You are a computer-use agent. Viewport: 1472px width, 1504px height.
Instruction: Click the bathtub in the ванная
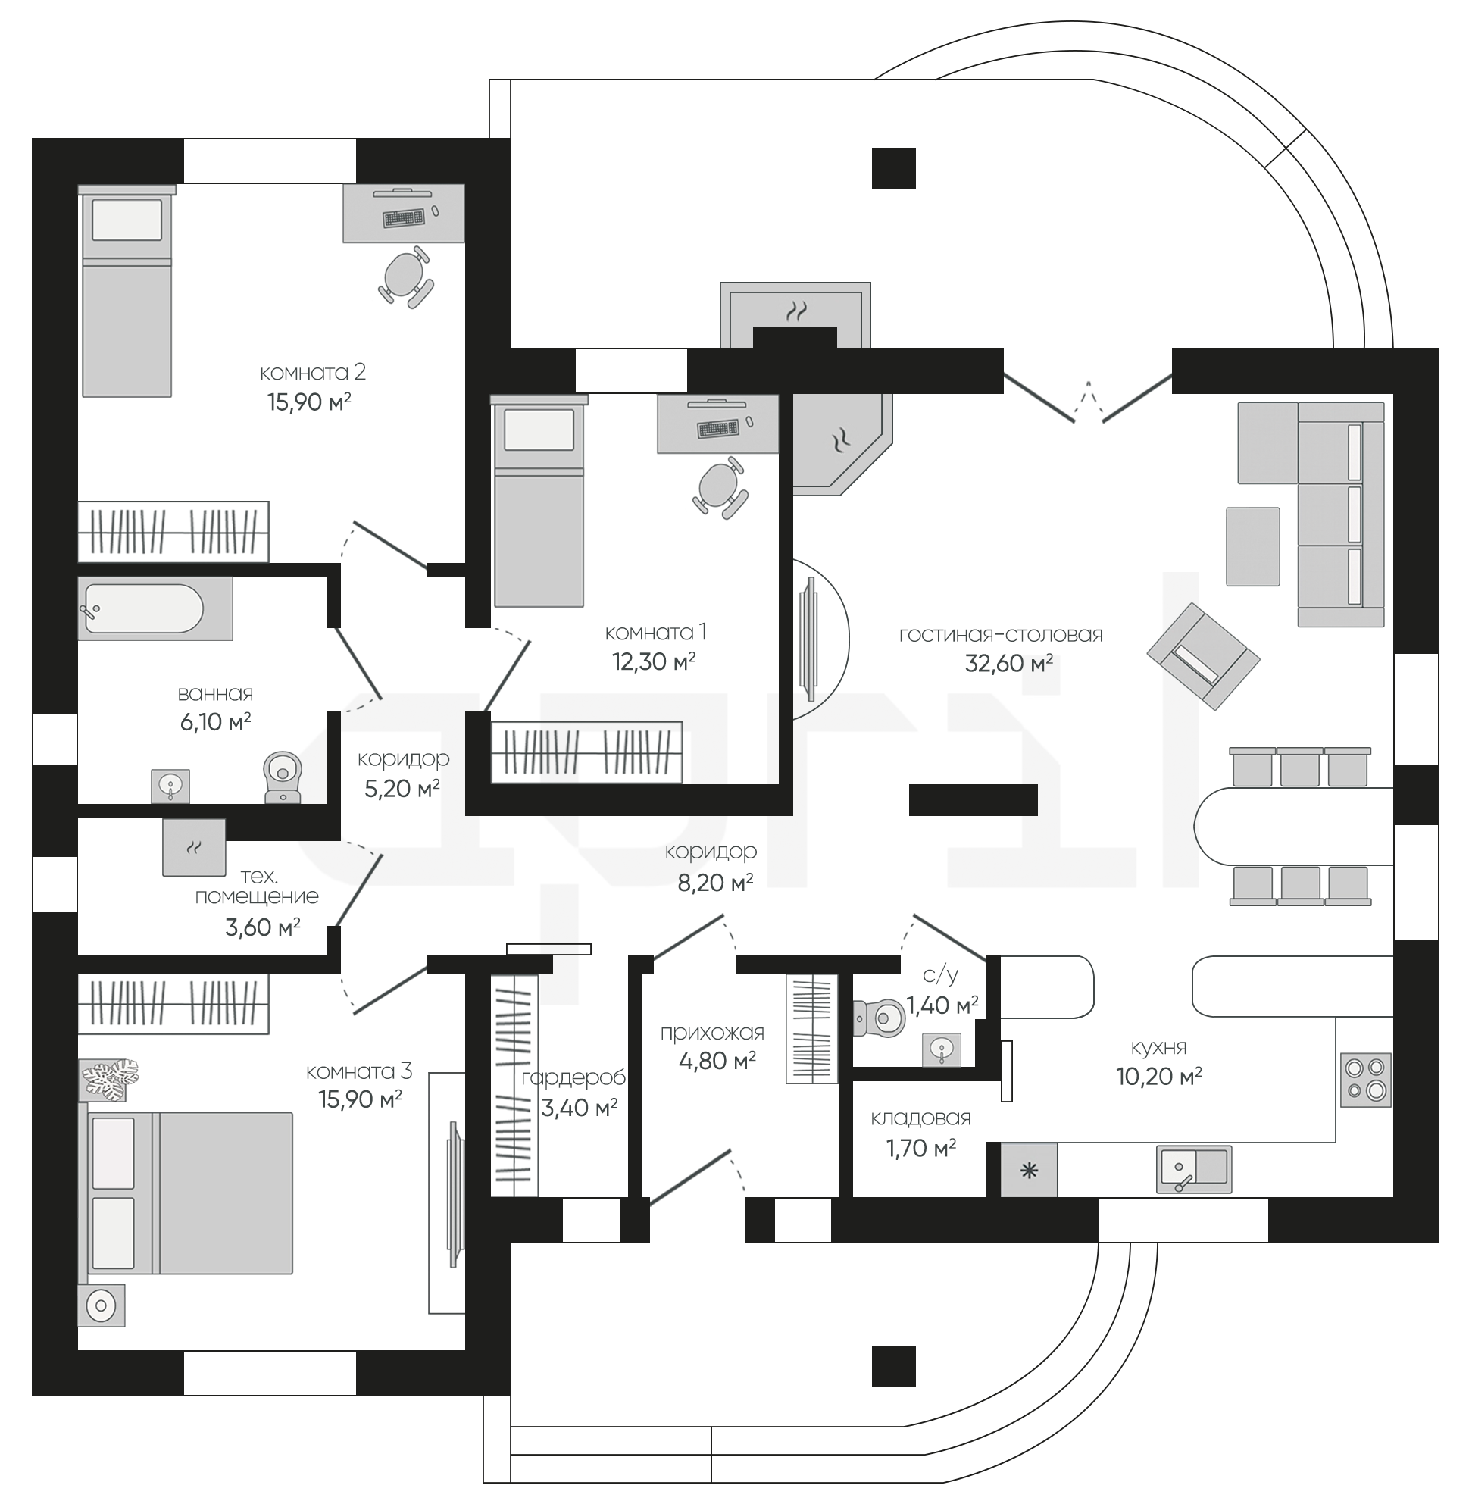coord(155,608)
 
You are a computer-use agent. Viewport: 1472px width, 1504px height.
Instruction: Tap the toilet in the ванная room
coord(283,777)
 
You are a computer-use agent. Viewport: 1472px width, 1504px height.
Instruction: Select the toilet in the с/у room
coord(879,1019)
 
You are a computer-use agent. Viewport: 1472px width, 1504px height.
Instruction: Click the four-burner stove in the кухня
coord(1365,1080)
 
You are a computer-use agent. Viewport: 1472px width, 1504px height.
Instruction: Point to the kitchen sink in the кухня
coord(1194,1169)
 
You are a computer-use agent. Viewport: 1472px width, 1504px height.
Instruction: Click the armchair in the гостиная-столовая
coord(1203,655)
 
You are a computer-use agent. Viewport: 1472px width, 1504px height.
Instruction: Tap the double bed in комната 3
coord(186,1193)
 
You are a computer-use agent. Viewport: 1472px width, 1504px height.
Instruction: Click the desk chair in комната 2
coord(406,277)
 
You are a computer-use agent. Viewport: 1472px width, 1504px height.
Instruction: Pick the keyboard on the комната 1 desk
coord(717,427)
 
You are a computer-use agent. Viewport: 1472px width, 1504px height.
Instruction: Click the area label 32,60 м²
coord(1009,663)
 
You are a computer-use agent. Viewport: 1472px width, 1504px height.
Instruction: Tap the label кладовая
coord(920,1118)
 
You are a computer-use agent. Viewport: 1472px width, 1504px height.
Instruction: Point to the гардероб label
coord(573,1078)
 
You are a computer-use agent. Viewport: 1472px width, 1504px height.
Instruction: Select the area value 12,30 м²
coord(654,661)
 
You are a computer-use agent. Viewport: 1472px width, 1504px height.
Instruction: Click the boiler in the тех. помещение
coord(194,848)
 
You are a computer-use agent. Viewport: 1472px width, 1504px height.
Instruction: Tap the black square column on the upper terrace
coord(894,167)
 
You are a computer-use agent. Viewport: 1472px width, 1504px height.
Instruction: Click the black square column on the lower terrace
coord(894,1366)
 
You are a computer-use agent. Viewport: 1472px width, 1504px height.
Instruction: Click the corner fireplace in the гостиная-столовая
coord(840,442)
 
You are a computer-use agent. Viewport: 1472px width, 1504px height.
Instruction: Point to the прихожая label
coord(712,1033)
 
